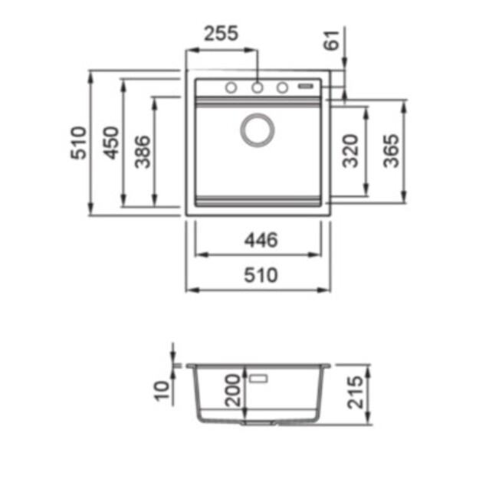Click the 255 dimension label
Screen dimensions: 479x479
(221, 33)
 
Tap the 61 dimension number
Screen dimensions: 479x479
(331, 40)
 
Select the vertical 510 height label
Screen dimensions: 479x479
(78, 143)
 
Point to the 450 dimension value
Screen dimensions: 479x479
(110, 143)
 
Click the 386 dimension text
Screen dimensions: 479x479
(143, 152)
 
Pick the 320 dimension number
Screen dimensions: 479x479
(350, 151)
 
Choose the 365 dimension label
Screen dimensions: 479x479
(391, 151)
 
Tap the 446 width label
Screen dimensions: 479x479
(261, 240)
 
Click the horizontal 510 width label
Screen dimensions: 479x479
(261, 275)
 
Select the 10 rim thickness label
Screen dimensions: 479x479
(162, 391)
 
